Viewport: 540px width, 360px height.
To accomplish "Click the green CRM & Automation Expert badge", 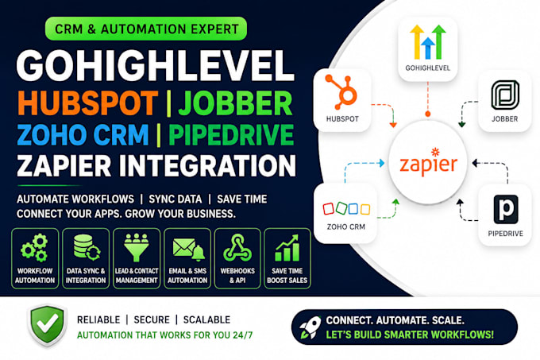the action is click(x=146, y=29).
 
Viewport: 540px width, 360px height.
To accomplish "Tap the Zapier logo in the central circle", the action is click(x=428, y=163).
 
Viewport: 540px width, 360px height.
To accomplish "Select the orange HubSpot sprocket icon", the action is click(x=341, y=91).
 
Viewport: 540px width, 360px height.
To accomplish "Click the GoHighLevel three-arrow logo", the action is click(x=428, y=42).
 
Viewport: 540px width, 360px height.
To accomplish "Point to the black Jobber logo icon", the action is click(x=505, y=95).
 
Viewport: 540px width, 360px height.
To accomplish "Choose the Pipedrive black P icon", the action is click(x=506, y=210).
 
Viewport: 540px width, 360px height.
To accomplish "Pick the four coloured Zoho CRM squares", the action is click(x=346, y=208).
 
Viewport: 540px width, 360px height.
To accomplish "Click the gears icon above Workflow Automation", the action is click(x=34, y=248).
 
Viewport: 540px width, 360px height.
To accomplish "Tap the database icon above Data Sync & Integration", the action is click(x=87, y=247).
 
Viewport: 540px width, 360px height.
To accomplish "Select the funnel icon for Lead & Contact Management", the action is click(x=137, y=247).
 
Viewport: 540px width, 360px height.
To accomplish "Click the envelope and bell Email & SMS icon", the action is click(x=188, y=249).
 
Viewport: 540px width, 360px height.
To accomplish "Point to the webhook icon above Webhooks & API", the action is click(x=237, y=248).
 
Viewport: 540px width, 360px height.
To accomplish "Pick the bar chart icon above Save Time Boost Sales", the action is click(x=287, y=248).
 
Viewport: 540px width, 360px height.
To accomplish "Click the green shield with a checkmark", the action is click(x=47, y=325).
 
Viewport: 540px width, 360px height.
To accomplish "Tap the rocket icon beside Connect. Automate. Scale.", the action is click(x=310, y=327).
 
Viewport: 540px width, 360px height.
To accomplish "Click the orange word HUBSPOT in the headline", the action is click(x=88, y=103).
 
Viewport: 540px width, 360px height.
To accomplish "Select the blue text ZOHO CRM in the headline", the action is click(x=83, y=134).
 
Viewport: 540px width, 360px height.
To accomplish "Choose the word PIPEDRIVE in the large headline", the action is click(x=231, y=134).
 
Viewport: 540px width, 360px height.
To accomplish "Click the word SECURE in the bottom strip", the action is click(x=152, y=319).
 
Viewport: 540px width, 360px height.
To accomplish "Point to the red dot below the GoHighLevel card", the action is click(x=428, y=114).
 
